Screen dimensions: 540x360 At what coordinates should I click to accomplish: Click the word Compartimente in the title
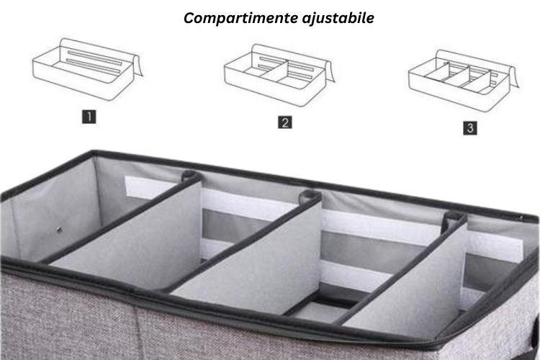click(241, 18)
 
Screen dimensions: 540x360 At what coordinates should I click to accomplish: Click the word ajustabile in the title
click(338, 18)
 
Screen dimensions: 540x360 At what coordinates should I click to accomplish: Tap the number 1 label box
click(89, 117)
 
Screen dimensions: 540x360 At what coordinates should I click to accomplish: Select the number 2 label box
click(285, 122)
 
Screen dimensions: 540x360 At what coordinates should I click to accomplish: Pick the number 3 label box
click(469, 128)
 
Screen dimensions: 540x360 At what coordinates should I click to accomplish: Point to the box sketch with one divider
click(279, 75)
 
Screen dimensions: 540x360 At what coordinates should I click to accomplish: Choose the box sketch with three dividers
click(464, 80)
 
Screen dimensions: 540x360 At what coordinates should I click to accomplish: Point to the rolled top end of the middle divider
click(310, 197)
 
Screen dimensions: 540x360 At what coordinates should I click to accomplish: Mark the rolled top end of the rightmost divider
click(454, 217)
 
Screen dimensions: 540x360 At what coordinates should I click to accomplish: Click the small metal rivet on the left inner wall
click(59, 230)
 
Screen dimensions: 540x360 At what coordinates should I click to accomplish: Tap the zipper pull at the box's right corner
click(521, 217)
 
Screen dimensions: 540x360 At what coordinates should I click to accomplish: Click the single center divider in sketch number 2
click(274, 69)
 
